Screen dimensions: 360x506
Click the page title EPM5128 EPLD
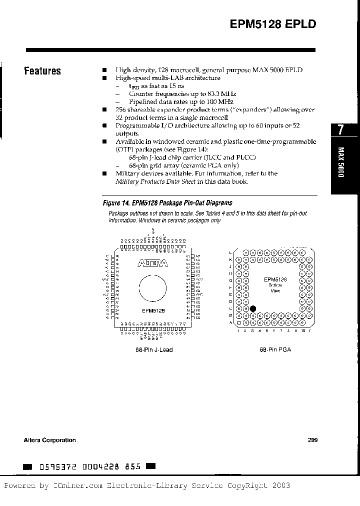tap(273, 25)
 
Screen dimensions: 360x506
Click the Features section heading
tap(42, 71)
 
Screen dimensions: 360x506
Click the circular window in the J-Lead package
tap(152, 289)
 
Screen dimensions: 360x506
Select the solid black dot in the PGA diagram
tap(253, 309)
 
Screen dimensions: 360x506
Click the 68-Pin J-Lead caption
tap(154, 349)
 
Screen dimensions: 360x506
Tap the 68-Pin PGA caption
tap(275, 349)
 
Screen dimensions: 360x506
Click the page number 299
tap(312, 440)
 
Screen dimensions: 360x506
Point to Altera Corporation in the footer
tap(50, 440)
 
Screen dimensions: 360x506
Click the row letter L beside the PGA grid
tap(230, 252)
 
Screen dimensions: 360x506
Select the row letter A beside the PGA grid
tap(230, 322)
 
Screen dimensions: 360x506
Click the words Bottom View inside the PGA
tap(275, 288)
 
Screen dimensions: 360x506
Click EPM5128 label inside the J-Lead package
tap(153, 310)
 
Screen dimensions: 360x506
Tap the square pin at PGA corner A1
tap(239, 322)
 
